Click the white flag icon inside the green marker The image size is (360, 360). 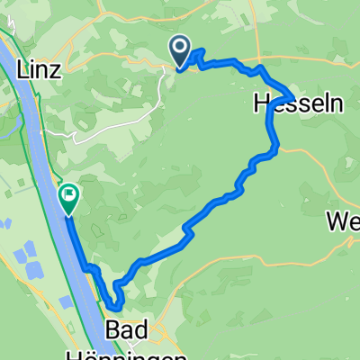[69, 193]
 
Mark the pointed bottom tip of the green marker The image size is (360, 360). [69, 215]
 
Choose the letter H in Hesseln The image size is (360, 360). [262, 105]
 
